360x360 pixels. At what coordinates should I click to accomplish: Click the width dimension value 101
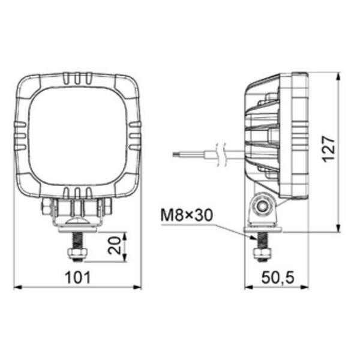tap(77, 277)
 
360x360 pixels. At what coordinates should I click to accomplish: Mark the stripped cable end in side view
tap(175, 154)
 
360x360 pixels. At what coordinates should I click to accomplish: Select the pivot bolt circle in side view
tap(263, 206)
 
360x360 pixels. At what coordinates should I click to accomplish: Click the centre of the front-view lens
tap(77, 135)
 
